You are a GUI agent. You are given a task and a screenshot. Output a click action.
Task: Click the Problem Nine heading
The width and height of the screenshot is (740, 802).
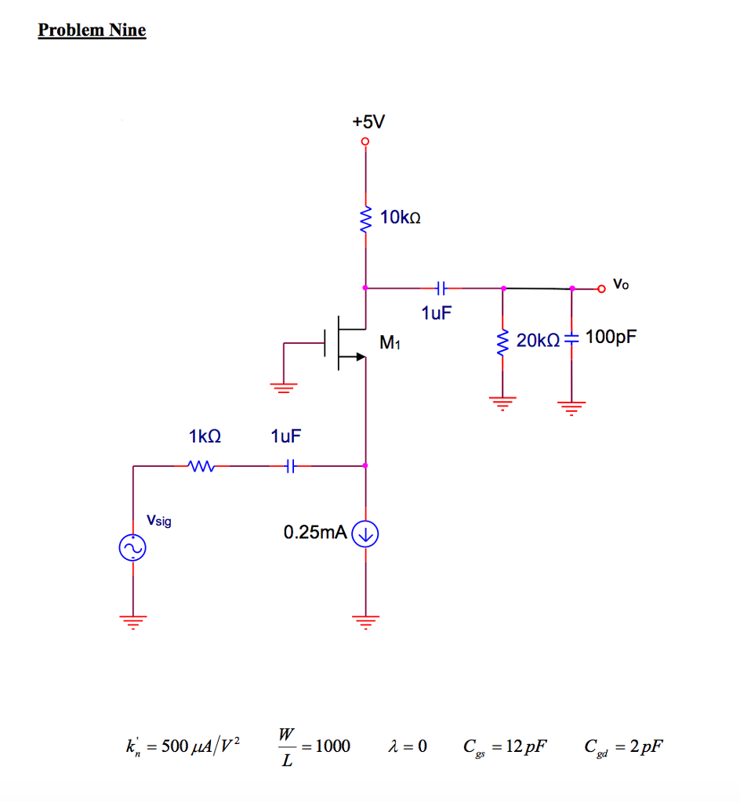[x=92, y=31]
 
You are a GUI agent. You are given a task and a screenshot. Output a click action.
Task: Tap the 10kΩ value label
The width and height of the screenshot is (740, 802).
[x=401, y=217]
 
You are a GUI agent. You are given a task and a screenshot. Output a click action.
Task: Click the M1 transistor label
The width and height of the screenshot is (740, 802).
[x=390, y=342]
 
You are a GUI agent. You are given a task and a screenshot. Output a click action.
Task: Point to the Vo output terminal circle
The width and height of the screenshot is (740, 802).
[x=601, y=288]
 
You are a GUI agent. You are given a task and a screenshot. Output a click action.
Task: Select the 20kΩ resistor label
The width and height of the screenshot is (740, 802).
[x=538, y=339]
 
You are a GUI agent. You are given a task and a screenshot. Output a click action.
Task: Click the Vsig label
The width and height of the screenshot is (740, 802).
[x=158, y=520]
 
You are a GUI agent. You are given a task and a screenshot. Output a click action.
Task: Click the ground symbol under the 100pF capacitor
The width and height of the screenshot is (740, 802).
[x=571, y=406]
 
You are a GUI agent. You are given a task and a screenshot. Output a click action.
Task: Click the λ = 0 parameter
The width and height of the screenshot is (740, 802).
[x=408, y=746]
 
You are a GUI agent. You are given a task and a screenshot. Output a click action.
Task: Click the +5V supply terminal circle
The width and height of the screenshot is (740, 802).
[x=365, y=142]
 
